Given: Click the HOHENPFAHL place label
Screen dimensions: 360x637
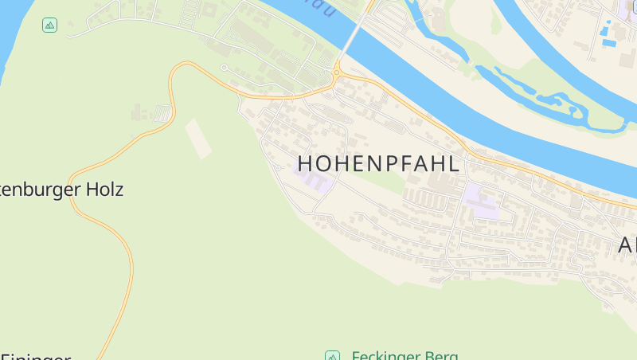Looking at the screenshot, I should (379, 164).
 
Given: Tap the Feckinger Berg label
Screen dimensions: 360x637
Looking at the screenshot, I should (404, 355).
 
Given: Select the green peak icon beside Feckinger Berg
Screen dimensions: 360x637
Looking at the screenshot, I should (332, 355).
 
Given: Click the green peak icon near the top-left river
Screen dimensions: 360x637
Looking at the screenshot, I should (50, 25).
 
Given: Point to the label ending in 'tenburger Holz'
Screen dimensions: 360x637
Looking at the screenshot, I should (62, 190).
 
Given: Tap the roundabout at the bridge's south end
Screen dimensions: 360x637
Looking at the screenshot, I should (337, 73).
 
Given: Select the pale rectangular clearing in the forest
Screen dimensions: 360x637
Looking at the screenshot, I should (198, 138).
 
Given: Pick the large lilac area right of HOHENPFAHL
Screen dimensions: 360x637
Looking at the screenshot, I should (483, 200).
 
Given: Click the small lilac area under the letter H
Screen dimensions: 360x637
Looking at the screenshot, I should (314, 181).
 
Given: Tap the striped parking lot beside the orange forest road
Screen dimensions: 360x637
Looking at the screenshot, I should (163, 114).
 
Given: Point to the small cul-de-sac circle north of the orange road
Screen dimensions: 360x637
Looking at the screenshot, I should (225, 68).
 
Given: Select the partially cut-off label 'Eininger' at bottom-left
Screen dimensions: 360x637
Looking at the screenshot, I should (36, 355).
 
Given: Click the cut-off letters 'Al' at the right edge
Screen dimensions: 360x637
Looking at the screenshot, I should (627, 245).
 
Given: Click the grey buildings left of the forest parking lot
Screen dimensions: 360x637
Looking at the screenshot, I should (139, 112).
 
